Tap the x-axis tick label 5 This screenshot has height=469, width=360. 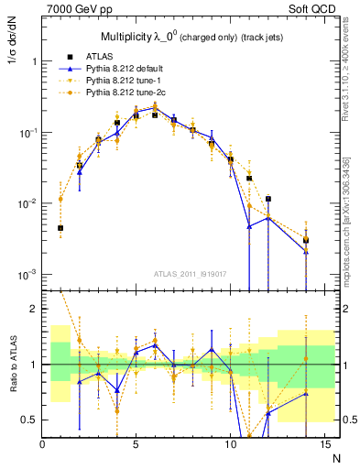[136, 445]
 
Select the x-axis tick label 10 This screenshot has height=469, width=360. [229, 445]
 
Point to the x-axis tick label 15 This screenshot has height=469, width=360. [323, 445]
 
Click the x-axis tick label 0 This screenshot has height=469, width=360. [42, 445]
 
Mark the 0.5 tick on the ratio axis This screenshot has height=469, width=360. [30, 420]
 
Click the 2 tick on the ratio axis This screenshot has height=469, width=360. [34, 309]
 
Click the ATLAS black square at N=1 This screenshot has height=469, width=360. [60, 228]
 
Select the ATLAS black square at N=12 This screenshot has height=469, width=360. [267, 199]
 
